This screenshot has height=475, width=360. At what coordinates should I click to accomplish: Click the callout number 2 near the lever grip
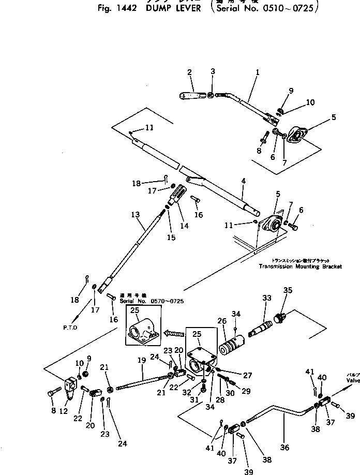[189, 72]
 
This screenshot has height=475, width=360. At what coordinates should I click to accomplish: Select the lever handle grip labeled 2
[193, 95]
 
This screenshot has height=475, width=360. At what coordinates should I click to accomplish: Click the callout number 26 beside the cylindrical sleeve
[223, 321]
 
